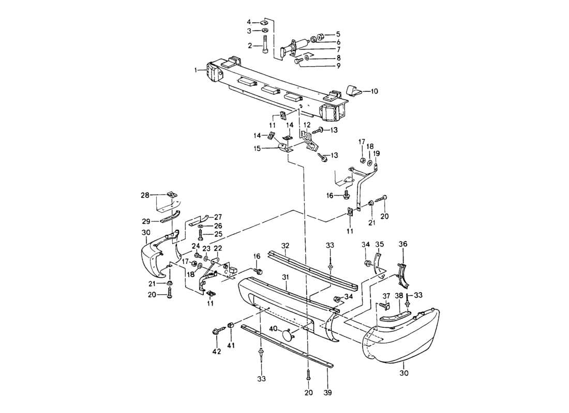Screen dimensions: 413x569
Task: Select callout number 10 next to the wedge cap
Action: (x=374, y=91)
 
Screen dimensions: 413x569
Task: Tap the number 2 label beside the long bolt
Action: (x=250, y=46)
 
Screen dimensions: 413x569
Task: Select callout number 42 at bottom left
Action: (x=216, y=352)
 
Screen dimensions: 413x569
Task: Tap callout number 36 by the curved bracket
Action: (x=403, y=244)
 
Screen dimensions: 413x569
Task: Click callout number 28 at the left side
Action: (x=145, y=195)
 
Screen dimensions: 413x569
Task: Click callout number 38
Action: (x=399, y=296)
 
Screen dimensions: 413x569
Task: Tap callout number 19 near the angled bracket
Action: (x=377, y=153)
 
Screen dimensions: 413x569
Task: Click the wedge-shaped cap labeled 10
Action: (x=354, y=92)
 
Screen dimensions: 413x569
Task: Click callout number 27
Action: (x=218, y=217)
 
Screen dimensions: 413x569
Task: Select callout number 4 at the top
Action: (x=250, y=22)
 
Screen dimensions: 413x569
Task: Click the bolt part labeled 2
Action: (x=265, y=44)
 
